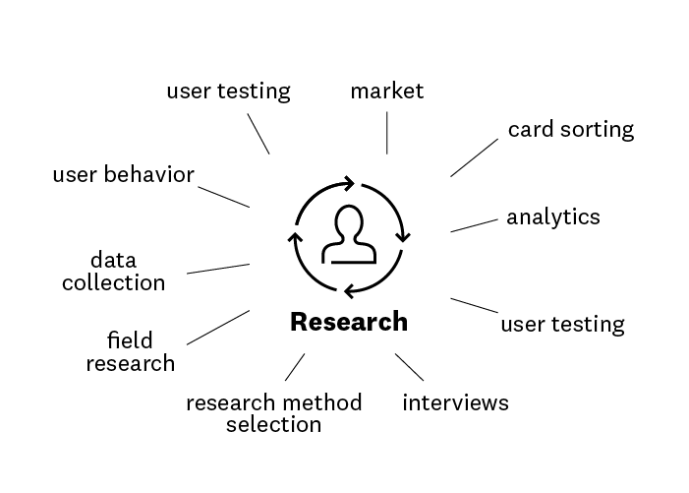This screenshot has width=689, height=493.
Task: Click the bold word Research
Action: [349, 322]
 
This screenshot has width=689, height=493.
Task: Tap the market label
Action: [386, 92]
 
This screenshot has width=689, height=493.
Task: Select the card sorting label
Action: [571, 129]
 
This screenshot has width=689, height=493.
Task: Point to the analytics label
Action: [552, 216]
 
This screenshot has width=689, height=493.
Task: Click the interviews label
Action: [455, 402]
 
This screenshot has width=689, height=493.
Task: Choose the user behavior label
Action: [123, 175]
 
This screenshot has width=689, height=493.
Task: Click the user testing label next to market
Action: [228, 92]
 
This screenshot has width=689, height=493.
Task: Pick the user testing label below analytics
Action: [562, 324]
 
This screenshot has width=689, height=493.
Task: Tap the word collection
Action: [113, 283]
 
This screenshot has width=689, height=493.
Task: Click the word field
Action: [130, 340]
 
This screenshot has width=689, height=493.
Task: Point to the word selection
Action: [273, 425]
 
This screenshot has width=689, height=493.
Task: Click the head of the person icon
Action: [349, 223]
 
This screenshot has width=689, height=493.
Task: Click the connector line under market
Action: [386, 133]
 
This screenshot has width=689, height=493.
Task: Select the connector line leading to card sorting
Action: [474, 157]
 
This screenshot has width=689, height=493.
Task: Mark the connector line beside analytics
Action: [474, 225]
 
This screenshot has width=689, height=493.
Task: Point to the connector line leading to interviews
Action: [409, 366]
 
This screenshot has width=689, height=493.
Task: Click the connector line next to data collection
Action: [217, 269]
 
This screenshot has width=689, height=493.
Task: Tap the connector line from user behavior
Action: [222, 195]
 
